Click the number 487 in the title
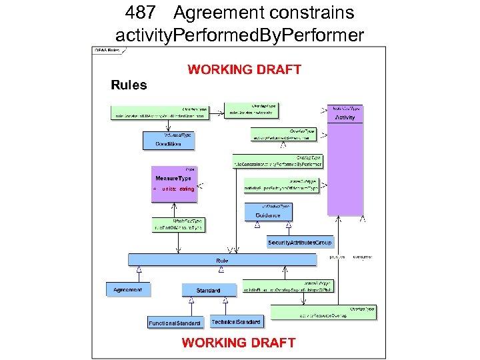tap(139, 13)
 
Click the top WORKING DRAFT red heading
tap(244, 69)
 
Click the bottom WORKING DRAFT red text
tap(239, 343)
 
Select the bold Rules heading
tap(129, 85)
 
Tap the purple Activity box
tap(345, 160)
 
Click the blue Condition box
tap(168, 141)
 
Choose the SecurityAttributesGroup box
tap(299, 242)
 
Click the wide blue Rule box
tap(222, 260)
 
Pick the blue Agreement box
tap(127, 289)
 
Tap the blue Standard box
tap(208, 290)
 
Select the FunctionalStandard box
tap(174, 322)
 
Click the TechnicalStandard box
tap(236, 321)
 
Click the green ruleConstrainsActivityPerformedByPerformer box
tap(277, 161)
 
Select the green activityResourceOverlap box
tap(323, 313)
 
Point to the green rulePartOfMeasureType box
tap(178, 225)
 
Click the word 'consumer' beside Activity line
tap(363, 256)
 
